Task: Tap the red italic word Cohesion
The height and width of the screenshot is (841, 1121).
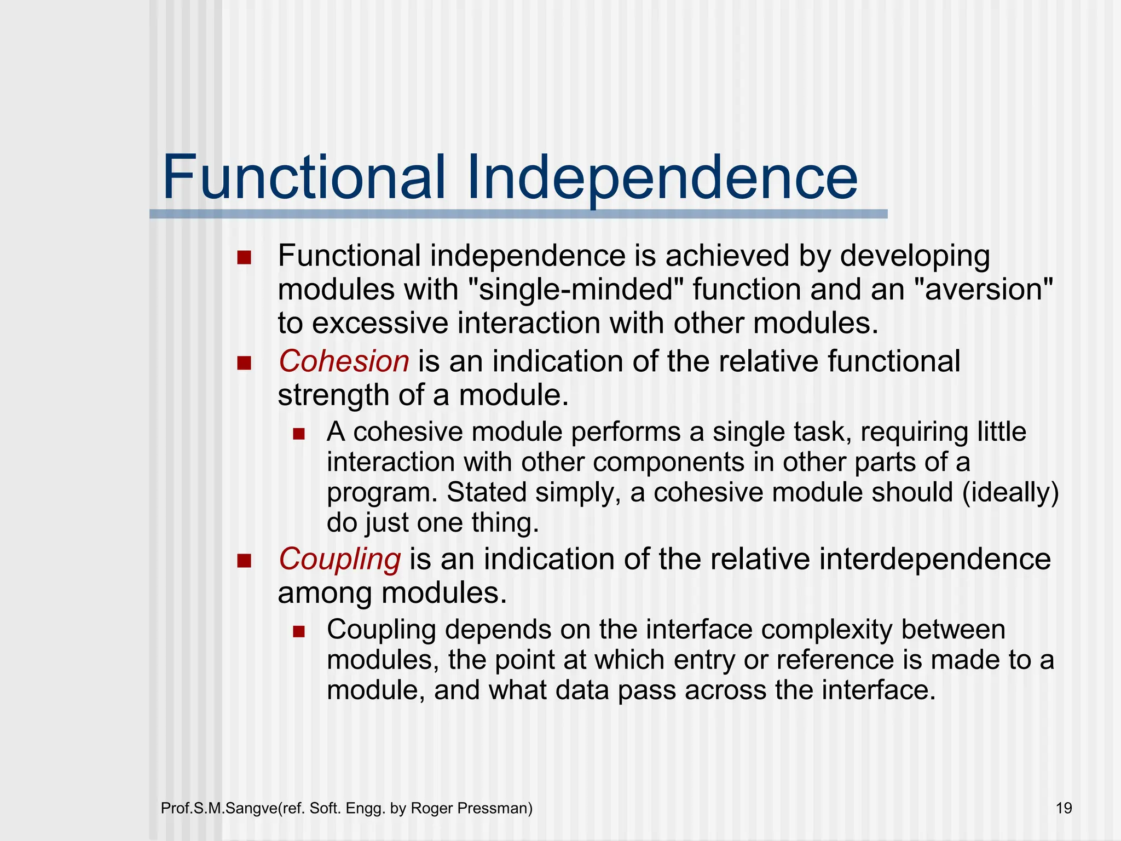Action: pyautogui.click(x=344, y=361)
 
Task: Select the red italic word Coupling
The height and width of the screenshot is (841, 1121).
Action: pyautogui.click(x=339, y=559)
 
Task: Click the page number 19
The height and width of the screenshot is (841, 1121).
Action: pyautogui.click(x=1064, y=808)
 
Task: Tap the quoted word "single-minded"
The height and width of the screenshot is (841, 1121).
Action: pyautogui.click(x=576, y=289)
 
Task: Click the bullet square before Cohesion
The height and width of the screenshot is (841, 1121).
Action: pyautogui.click(x=244, y=363)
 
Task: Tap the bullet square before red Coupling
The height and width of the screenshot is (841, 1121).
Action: pyautogui.click(x=244, y=561)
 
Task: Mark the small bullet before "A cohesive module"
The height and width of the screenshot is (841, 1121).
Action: pyautogui.click(x=298, y=434)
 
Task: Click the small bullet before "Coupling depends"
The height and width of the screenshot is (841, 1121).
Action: pyautogui.click(x=298, y=632)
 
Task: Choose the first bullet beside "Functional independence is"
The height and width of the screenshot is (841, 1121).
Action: pyautogui.click(x=244, y=257)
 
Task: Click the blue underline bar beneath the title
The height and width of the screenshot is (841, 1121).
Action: pyautogui.click(x=518, y=214)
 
